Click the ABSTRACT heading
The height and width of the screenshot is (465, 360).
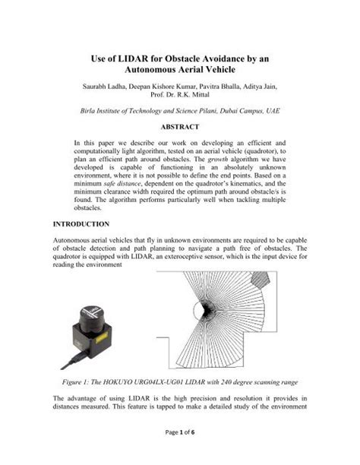[x=180, y=127]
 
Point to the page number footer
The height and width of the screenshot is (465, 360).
[x=179, y=454]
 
